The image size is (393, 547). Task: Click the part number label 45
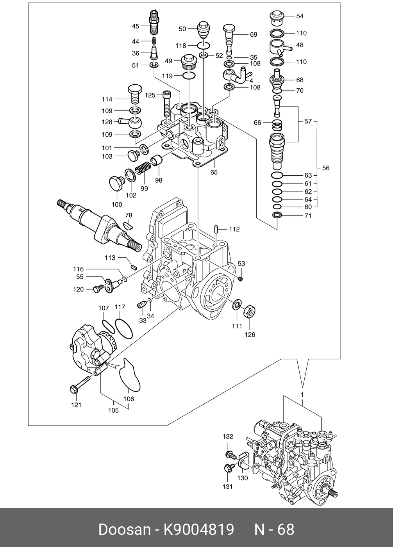[x=135, y=26]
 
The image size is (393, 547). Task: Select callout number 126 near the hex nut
[x=250, y=335]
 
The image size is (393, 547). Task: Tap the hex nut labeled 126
[x=249, y=311]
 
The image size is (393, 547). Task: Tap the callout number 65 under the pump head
[x=214, y=172]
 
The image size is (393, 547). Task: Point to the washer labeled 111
[x=237, y=304]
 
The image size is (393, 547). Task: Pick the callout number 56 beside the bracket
[x=325, y=168]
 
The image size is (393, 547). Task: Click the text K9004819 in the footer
[x=198, y=529]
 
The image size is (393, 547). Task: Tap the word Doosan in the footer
[x=124, y=529]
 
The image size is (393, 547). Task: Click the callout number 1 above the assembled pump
[x=302, y=394]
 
